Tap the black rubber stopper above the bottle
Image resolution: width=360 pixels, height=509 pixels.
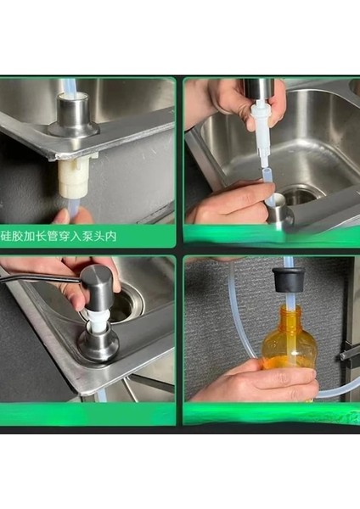[288, 279]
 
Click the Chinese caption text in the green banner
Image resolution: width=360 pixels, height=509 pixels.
[59, 236]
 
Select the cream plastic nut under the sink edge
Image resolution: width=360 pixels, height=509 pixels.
[73, 177]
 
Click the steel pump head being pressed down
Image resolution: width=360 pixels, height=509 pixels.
[97, 288]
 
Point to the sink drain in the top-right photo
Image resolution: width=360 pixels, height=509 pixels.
[301, 194]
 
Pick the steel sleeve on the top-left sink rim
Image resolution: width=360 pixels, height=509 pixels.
[73, 115]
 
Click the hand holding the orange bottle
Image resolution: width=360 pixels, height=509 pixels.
[256, 380]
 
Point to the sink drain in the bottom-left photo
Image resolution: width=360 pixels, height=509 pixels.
[127, 304]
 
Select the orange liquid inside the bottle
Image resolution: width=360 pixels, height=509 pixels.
[289, 361]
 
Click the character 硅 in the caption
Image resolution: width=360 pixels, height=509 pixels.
[6, 236]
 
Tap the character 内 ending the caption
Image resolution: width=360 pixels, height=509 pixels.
[111, 236]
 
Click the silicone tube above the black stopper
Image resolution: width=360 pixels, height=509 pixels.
[289, 262]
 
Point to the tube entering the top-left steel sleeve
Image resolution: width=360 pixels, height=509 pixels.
[72, 86]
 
